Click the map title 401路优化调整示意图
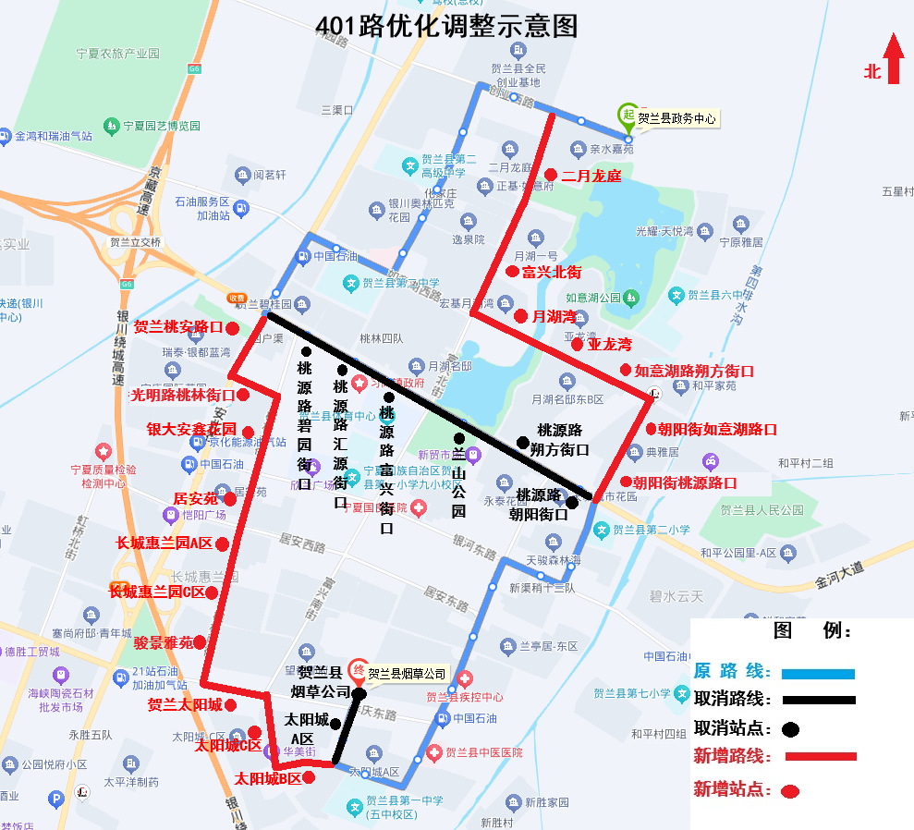[446, 26]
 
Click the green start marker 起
[628, 115]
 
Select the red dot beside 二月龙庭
[550, 175]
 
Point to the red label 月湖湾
[553, 316]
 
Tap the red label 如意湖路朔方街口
[694, 371]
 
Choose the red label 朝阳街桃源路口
[685, 482]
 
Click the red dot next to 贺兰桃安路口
[233, 328]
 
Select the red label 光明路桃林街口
[182, 395]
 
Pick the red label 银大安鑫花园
[191, 430]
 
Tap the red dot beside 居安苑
[230, 499]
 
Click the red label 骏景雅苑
[164, 642]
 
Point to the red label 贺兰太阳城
[185, 705]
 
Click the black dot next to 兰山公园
[459, 438]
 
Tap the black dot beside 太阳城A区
[335, 724]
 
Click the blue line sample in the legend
[818, 674]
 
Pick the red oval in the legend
[789, 791]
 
